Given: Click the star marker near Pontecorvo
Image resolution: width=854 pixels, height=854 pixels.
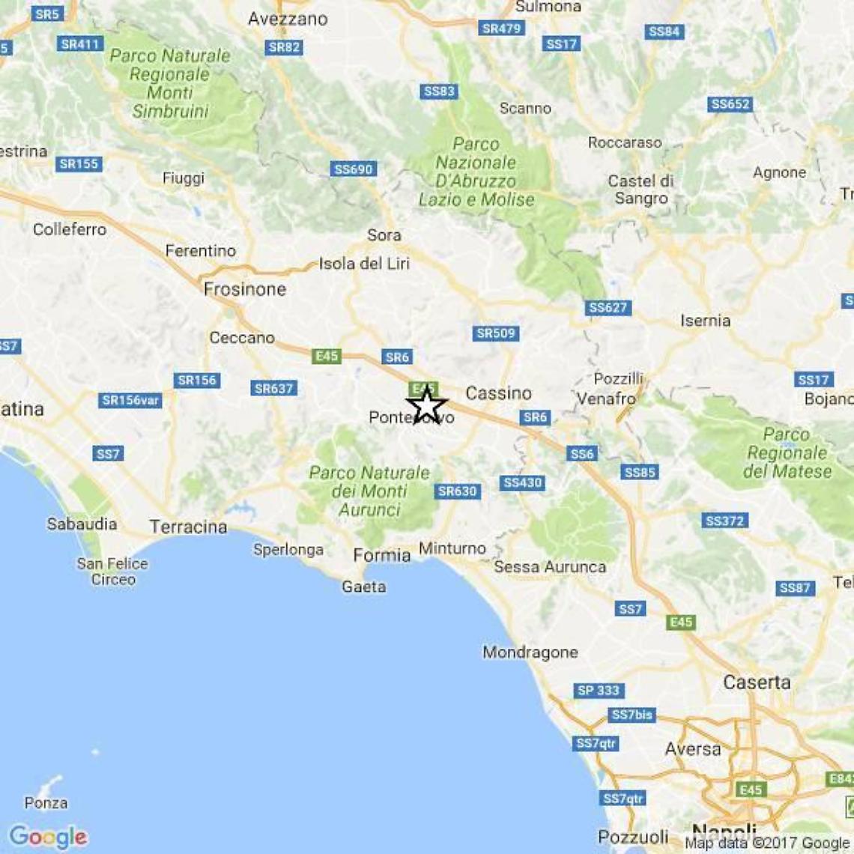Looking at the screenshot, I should point(426,405).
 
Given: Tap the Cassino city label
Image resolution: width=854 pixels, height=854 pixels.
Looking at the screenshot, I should point(498,393).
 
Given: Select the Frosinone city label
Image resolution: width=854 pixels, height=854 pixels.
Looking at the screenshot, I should point(245,289).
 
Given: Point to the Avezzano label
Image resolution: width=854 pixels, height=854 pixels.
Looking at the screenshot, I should point(288,19).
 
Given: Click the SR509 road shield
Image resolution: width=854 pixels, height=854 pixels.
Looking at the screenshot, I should point(496,333).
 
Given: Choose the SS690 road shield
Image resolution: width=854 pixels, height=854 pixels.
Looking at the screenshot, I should point(353,169).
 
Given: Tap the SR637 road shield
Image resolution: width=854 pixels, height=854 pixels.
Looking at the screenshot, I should point(274,388).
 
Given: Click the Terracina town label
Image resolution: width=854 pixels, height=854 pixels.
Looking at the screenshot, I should point(188,527).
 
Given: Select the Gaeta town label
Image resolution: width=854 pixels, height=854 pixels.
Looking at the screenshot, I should point(364,587).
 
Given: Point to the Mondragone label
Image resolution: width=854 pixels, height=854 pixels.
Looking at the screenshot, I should point(530,652).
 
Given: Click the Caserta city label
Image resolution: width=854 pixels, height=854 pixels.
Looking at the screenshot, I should point(757,682).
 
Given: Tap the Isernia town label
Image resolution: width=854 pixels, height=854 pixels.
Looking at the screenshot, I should point(705,321).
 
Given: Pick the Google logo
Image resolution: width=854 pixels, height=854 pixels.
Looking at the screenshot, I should point(49,836).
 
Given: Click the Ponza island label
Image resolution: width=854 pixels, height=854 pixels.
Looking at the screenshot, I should point(46,803).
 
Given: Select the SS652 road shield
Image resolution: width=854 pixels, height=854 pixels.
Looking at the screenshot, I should point(730,104).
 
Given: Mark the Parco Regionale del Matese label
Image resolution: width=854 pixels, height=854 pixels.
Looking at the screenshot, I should point(787,452).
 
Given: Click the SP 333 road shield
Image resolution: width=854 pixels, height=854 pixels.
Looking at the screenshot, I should point(599,691).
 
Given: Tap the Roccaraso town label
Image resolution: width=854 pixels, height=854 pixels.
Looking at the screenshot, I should point(625,142).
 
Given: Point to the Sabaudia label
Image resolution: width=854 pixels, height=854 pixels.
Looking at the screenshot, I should point(82,524).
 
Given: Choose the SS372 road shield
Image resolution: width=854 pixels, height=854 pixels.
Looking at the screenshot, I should point(724,521).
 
